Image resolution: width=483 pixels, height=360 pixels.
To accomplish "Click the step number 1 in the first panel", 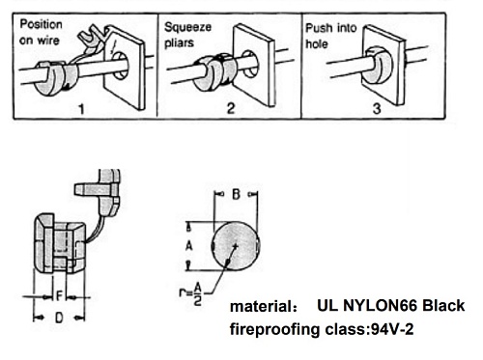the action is pos(81,109).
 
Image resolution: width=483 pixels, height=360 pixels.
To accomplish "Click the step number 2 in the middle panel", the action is pos(231,108).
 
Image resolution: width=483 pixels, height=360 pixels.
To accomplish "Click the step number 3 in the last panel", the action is pos(377,108).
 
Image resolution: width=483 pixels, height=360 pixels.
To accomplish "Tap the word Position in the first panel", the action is pos(41,24).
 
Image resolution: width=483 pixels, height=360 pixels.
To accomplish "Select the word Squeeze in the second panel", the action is pos(187,27).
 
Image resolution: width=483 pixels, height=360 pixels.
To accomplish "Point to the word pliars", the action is pos(179,42).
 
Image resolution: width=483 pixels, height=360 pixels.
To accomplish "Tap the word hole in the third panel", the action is pos(317,43).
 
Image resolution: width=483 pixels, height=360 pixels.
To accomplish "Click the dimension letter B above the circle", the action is pos(236,194).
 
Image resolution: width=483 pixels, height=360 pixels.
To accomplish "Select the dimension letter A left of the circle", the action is pos(189,246).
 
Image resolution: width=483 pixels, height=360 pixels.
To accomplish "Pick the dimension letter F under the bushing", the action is pos(59,295).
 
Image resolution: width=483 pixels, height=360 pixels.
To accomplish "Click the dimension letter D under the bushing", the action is pos(59,318).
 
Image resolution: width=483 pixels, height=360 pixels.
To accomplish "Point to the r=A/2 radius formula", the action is pos(190,293).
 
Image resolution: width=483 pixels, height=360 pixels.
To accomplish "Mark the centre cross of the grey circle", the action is pos(236,246).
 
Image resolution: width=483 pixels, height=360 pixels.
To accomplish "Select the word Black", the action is pos(443,306).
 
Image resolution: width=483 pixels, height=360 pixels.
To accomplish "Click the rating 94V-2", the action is pos(392,329).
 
